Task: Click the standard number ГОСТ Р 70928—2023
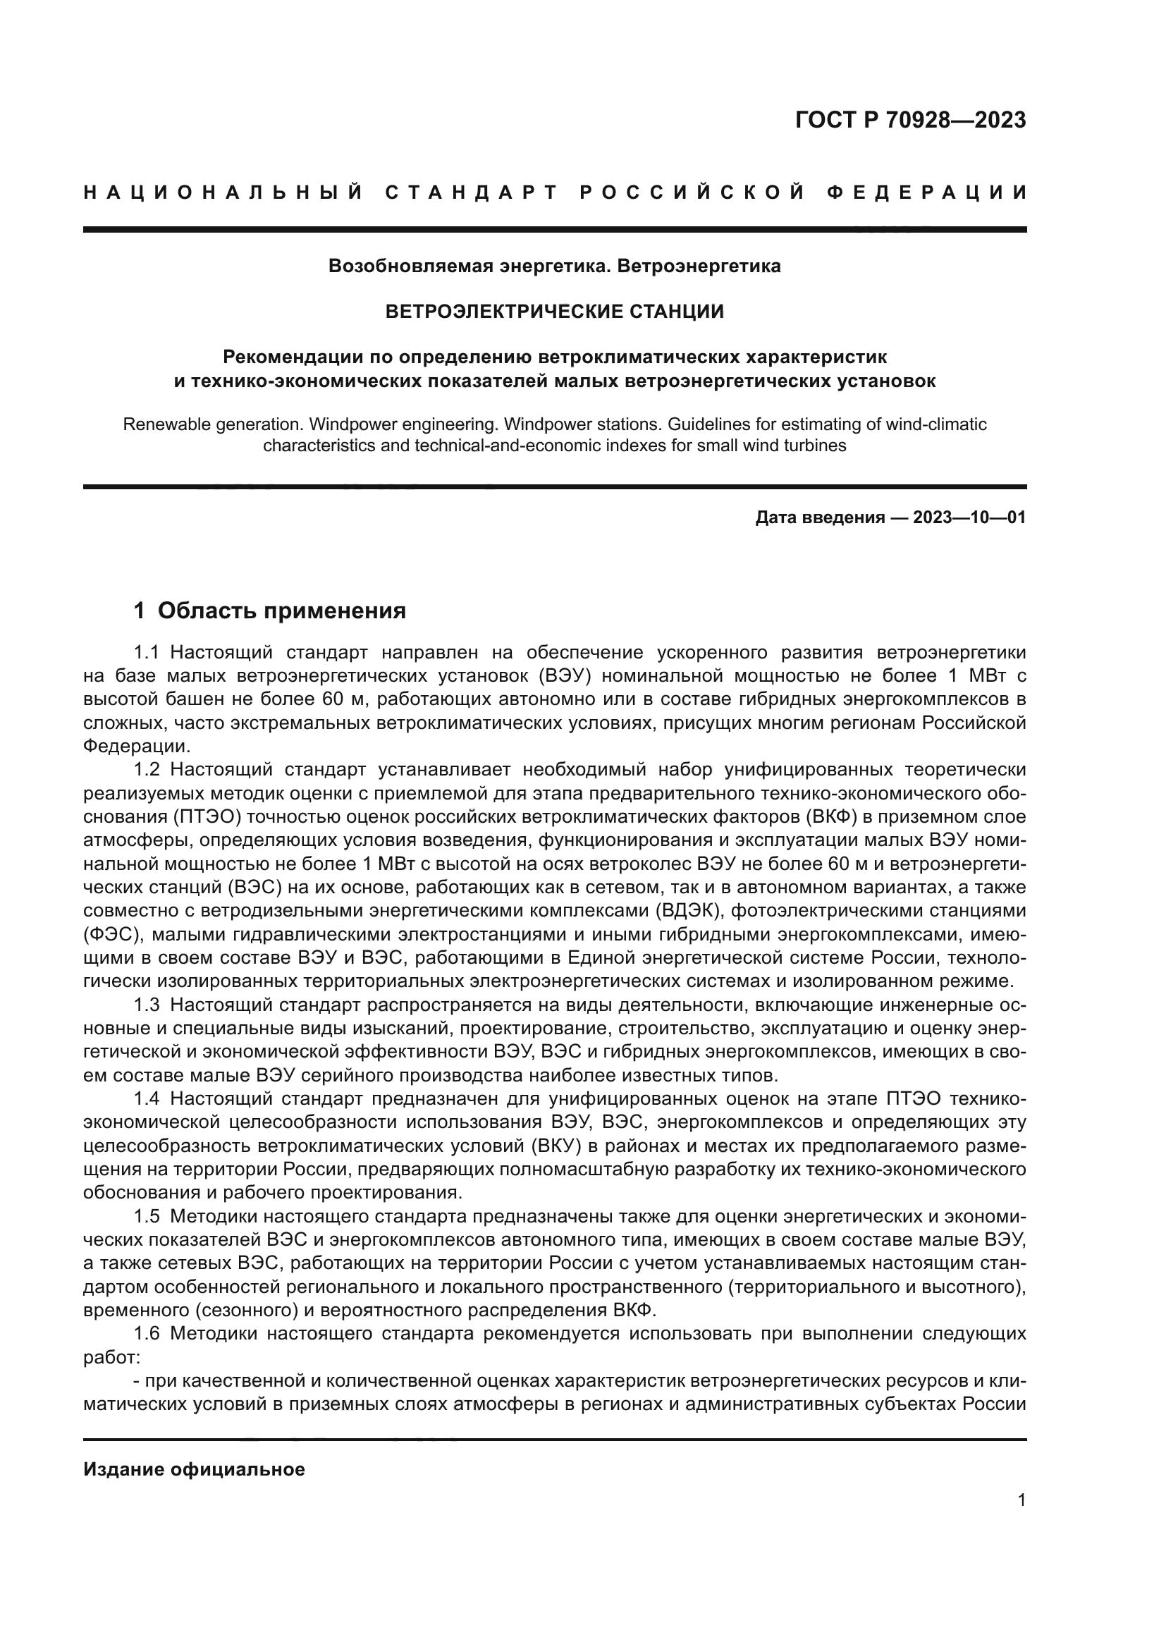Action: [x=910, y=121]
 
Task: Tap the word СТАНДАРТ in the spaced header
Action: [x=472, y=192]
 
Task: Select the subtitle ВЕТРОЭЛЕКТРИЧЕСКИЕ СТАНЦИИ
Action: [x=554, y=312]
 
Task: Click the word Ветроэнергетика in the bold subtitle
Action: [x=699, y=266]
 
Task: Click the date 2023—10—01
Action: [x=969, y=518]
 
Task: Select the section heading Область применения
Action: [x=281, y=611]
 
